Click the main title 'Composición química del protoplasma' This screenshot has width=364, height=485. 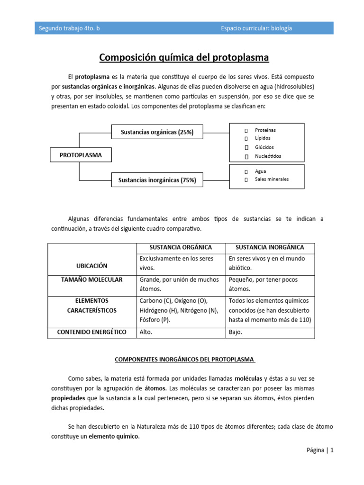184,58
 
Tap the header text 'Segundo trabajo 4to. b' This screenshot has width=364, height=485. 69,28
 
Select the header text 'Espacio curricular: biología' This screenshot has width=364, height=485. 256,28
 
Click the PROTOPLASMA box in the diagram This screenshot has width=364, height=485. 77,155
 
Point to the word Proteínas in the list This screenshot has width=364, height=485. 265,130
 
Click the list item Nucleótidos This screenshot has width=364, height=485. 268,156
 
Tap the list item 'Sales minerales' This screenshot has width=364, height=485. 271,179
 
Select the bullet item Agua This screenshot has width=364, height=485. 260,171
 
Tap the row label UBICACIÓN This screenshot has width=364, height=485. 92,266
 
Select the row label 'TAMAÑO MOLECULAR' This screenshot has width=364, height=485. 92,279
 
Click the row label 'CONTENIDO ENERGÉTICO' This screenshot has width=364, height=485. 92,332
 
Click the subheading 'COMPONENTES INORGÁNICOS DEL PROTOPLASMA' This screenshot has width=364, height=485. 184,359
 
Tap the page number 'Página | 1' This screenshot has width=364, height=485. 320,450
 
